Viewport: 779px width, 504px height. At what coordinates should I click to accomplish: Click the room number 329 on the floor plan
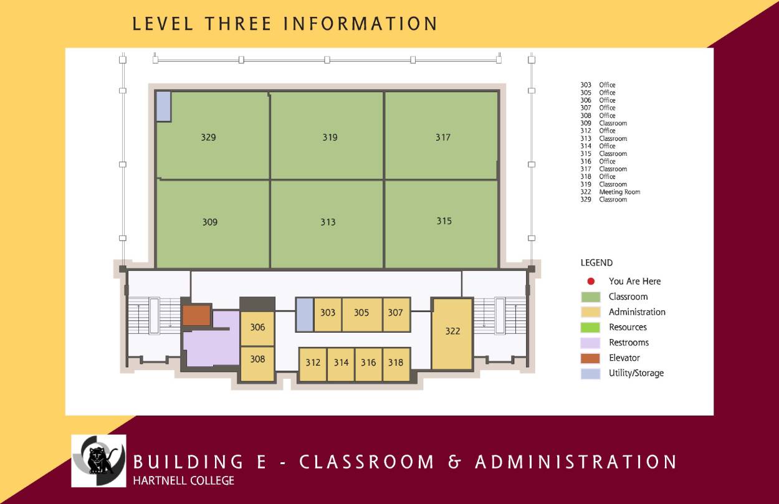coord(208,137)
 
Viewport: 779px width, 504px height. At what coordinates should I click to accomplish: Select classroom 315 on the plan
coord(444,221)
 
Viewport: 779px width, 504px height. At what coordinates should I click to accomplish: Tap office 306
coord(257,327)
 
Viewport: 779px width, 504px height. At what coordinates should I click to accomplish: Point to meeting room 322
coord(452,331)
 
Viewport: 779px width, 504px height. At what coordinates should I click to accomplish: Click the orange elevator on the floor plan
coord(196,315)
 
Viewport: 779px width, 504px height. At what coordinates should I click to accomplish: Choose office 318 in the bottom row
coord(396,363)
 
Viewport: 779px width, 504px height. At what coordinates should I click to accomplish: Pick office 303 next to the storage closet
coord(328,313)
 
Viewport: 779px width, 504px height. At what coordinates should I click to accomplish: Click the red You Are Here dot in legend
coord(591,282)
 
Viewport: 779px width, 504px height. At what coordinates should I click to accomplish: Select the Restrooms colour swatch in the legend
coord(590,343)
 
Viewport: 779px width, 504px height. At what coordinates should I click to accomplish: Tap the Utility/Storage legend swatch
coord(590,373)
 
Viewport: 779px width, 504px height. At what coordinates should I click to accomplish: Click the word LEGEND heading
coord(596,263)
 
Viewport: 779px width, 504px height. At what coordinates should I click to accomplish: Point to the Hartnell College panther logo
coord(98,460)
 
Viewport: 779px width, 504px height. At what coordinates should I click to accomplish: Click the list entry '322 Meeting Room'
coord(610,192)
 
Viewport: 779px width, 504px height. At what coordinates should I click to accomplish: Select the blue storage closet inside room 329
coord(163,106)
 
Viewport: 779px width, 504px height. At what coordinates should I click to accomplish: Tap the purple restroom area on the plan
coord(209,346)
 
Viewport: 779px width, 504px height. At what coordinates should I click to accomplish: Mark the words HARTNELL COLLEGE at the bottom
coord(184,480)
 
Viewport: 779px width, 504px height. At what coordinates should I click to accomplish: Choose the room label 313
coord(328,222)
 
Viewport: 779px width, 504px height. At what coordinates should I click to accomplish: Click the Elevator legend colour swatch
coord(590,358)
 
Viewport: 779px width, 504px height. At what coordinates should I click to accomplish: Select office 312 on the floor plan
coord(313,363)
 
